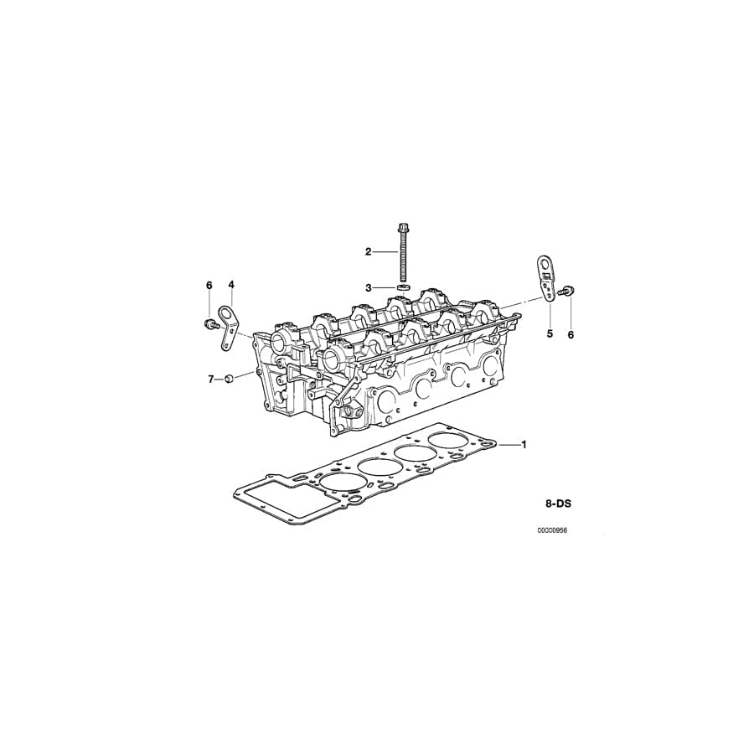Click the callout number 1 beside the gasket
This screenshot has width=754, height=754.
(524, 444)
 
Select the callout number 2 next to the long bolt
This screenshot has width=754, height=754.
(368, 251)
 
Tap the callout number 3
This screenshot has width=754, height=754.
(368, 287)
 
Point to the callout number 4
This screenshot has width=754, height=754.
(231, 285)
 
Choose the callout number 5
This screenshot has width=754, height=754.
(550, 333)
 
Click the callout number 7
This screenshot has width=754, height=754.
(211, 380)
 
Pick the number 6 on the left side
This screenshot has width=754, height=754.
(209, 285)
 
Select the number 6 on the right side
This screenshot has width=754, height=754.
(571, 334)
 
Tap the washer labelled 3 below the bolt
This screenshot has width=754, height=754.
(402, 287)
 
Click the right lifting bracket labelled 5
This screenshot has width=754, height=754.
(545, 276)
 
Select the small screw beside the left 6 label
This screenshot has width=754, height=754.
(207, 322)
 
